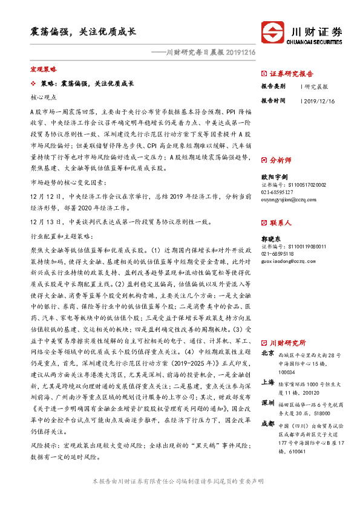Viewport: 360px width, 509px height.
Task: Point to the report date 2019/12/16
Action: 318,101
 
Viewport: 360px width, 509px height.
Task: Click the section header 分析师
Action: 280,161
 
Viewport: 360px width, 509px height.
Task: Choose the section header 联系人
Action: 280,223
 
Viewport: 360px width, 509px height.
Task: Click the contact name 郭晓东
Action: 270,239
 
